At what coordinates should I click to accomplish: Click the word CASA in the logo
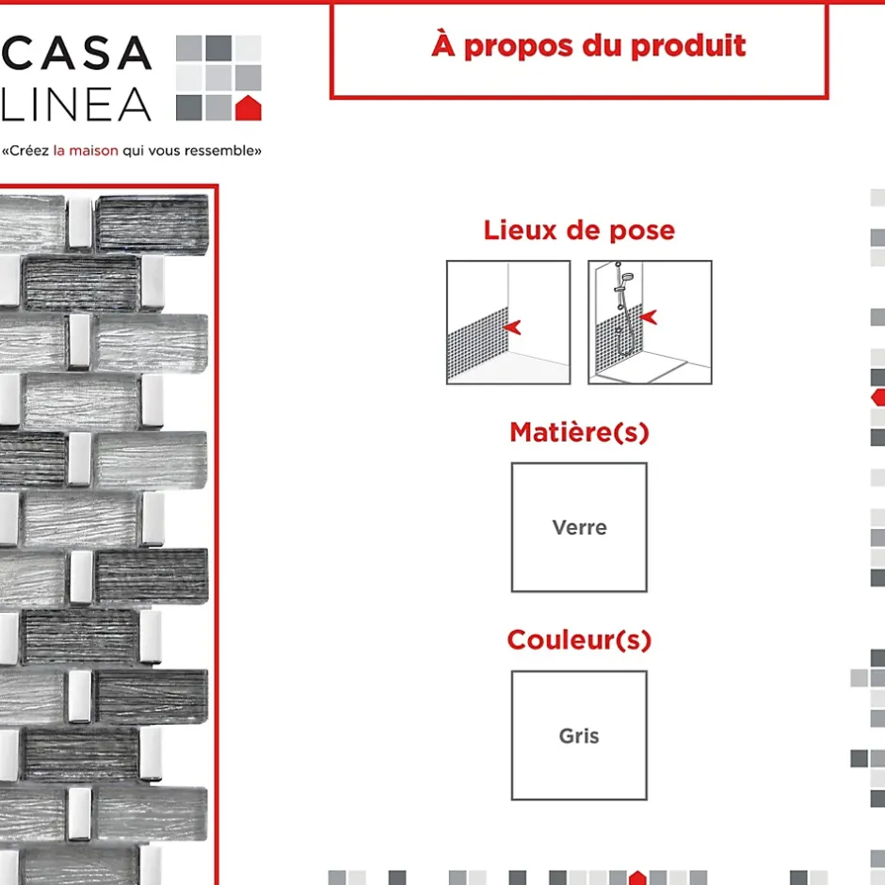(x=77, y=53)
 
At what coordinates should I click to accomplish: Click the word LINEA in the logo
(x=77, y=105)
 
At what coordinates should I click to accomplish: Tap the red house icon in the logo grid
(x=249, y=108)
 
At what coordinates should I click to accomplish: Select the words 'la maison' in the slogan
(x=86, y=151)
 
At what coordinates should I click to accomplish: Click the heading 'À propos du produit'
(x=588, y=45)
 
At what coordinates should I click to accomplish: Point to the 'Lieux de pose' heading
(x=579, y=231)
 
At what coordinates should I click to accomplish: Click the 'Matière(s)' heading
(x=580, y=432)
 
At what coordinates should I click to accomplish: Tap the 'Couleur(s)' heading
(x=579, y=640)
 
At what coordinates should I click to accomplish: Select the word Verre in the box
(x=580, y=528)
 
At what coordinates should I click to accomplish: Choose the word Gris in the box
(x=579, y=736)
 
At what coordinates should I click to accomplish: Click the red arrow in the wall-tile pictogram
(x=512, y=327)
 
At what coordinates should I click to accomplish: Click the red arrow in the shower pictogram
(x=649, y=316)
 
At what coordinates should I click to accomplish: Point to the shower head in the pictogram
(x=626, y=277)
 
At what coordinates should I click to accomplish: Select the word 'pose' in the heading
(x=642, y=232)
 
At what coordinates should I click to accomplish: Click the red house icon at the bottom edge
(x=637, y=877)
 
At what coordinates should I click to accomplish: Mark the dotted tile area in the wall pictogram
(x=477, y=345)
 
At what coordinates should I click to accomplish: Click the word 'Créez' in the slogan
(x=29, y=151)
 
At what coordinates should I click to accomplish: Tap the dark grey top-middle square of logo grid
(x=218, y=48)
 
